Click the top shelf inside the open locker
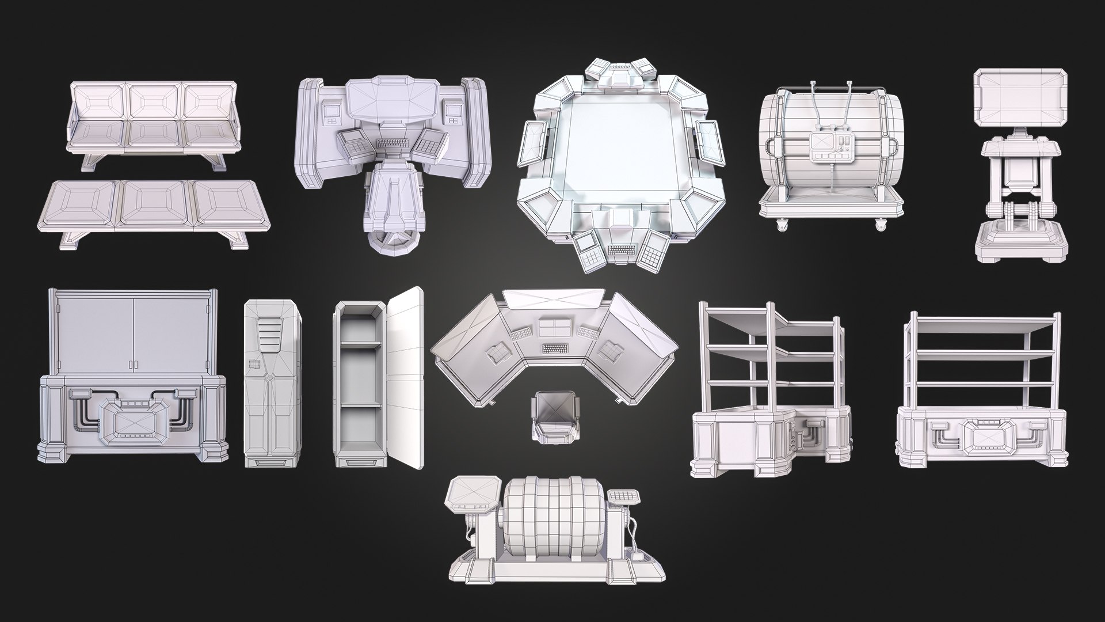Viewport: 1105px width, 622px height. click(x=360, y=344)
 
